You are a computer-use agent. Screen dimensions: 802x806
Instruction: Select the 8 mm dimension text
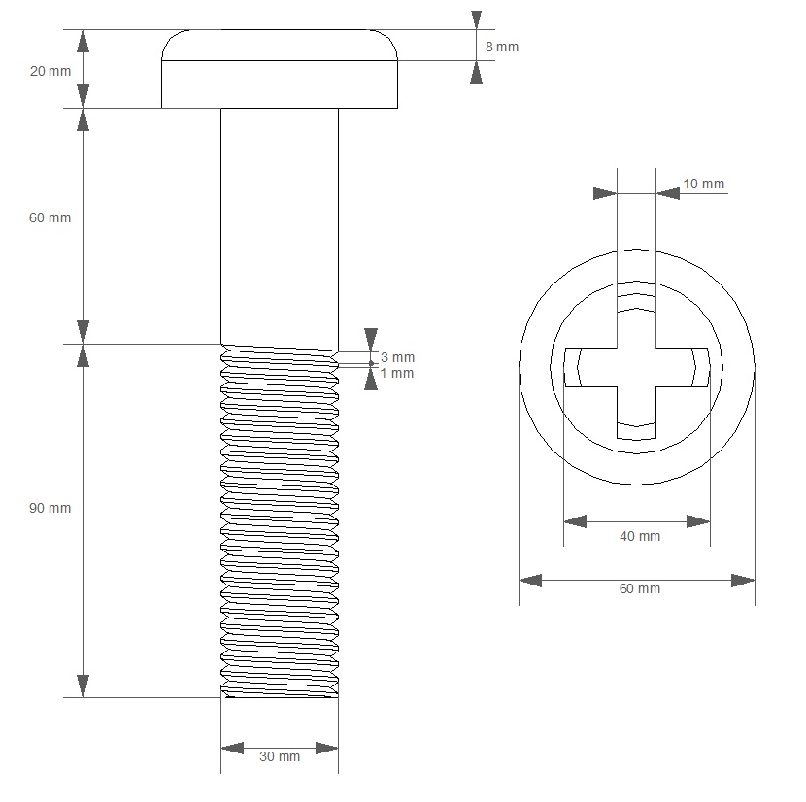[501, 47]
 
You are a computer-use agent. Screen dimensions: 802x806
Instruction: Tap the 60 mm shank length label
[50, 217]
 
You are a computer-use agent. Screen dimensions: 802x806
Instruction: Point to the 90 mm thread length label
[50, 508]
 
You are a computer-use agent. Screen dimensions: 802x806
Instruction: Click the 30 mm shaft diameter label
[280, 756]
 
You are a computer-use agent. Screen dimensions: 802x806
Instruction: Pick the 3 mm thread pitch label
[397, 357]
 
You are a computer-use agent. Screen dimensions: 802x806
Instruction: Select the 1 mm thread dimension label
[397, 373]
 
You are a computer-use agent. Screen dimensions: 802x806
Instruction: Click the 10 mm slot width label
[703, 184]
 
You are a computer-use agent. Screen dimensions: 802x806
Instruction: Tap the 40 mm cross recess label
[639, 536]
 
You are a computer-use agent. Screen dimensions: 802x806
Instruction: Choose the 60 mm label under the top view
[639, 588]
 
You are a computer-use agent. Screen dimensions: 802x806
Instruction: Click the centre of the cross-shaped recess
[637, 368]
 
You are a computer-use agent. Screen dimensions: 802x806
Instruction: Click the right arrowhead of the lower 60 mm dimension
[743, 580]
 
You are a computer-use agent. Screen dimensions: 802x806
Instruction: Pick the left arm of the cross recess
[588, 368]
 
